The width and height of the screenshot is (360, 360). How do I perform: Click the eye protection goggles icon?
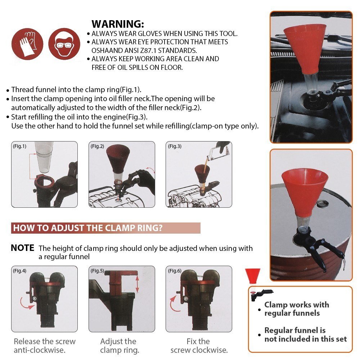point(63,44)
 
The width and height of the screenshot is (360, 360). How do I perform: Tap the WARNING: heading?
point(118,24)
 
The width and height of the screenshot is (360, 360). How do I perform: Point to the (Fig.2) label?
point(97,146)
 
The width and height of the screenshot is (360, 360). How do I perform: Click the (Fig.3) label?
point(175,146)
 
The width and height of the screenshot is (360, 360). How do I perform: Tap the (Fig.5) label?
point(97,271)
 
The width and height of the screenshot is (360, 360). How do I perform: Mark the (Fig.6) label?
point(175,271)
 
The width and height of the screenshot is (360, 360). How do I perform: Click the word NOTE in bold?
point(22,248)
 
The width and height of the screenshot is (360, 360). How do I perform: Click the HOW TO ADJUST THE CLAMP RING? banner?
point(105,228)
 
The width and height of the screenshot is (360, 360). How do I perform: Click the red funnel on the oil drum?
point(304,193)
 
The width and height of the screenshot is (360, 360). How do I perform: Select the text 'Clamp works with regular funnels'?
point(296,309)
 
